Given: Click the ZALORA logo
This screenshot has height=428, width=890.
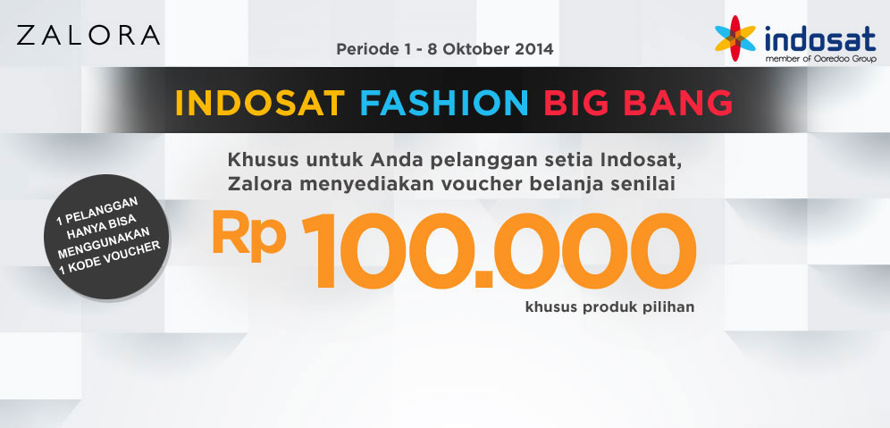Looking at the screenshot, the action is pyautogui.click(x=88, y=35).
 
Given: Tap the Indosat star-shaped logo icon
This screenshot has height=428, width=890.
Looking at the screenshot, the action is pyautogui.click(x=735, y=38).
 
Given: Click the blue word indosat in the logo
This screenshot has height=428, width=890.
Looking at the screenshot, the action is pyautogui.click(x=820, y=39).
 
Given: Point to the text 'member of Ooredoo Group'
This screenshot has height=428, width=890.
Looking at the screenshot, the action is pyautogui.click(x=821, y=58).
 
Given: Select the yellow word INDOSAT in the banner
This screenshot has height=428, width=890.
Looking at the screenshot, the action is pyautogui.click(x=260, y=103).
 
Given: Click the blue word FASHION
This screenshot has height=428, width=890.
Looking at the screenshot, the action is pyautogui.click(x=444, y=103).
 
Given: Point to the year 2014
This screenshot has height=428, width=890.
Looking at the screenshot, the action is pyautogui.click(x=534, y=49).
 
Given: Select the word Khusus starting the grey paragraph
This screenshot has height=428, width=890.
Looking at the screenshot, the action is pyautogui.click(x=263, y=160).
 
